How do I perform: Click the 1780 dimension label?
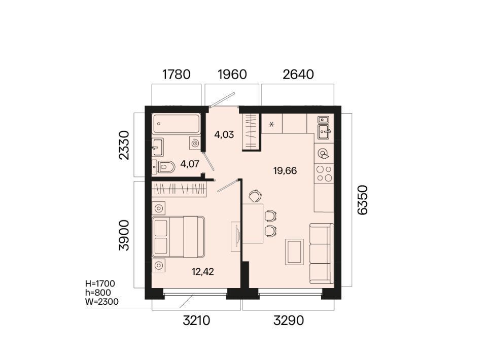[x=176, y=75]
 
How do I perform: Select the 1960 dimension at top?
[x=232, y=75]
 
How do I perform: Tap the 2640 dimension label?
[x=298, y=75]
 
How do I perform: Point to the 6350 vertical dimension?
[x=362, y=200]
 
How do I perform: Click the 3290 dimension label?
[x=289, y=320]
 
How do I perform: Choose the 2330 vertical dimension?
[x=124, y=145]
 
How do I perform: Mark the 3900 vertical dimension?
[x=124, y=235]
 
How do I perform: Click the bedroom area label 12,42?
[x=203, y=272]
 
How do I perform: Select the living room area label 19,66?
[x=285, y=171]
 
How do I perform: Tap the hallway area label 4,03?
[x=224, y=135]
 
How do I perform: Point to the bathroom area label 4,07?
[x=189, y=164]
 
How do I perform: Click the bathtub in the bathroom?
[x=176, y=124]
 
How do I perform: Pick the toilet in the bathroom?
[x=164, y=167]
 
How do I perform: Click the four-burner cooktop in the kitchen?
[x=324, y=173]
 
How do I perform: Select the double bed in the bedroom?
[x=178, y=237]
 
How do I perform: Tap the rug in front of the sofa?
[x=294, y=251]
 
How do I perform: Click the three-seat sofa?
[x=322, y=253]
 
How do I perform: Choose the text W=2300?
[x=102, y=302]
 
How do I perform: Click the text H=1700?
[x=100, y=283]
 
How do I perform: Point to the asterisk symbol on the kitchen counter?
[x=272, y=124]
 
